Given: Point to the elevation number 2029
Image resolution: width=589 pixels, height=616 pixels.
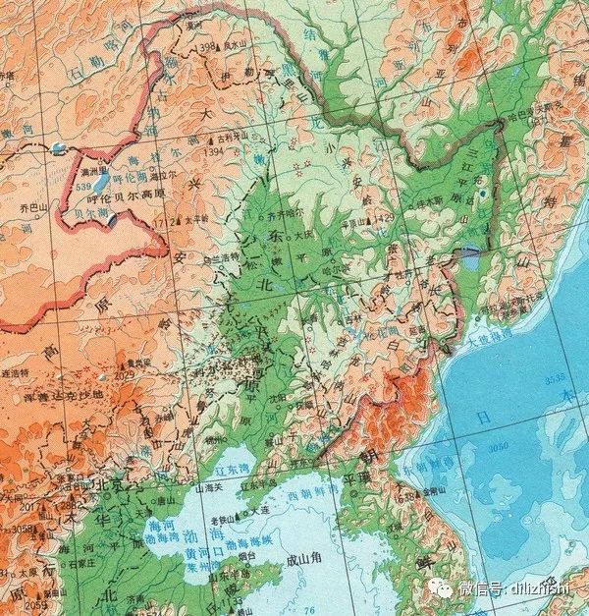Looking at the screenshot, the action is pos(124,373).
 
